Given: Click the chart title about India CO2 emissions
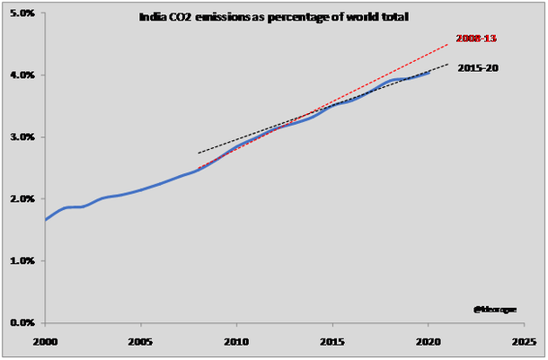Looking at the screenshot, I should click(x=274, y=16).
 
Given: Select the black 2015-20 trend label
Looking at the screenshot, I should click(x=478, y=68).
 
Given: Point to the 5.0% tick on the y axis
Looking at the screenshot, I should click(x=22, y=13).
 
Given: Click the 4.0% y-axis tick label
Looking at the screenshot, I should click(x=22, y=75).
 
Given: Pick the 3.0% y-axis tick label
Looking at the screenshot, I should click(x=22, y=136).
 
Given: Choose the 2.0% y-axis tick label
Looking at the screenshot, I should click(x=22, y=198).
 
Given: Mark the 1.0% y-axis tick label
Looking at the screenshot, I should click(x=22, y=260).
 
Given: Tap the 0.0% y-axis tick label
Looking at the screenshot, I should click(x=22, y=322).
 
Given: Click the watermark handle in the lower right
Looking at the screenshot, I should click(x=495, y=309).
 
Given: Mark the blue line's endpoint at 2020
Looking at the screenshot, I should click(x=429, y=73).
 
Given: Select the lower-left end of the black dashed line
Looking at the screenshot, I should click(x=198, y=153).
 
